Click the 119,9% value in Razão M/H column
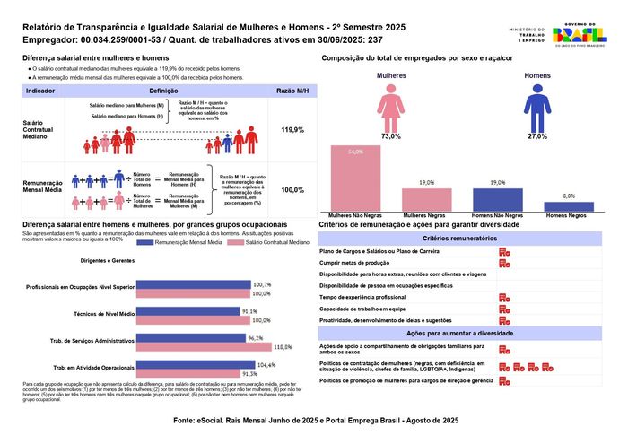pos(292,130)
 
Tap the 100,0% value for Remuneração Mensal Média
pos(292,190)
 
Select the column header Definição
pos(162,91)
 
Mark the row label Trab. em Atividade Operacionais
pos(94,369)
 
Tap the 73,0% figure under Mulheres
pos(390,136)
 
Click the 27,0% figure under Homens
pos(536,136)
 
